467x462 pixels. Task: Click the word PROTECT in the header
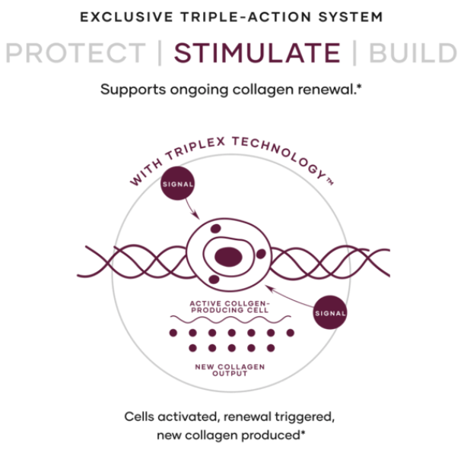(75, 53)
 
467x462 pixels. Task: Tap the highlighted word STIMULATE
(257, 53)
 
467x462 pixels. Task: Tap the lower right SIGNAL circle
(329, 312)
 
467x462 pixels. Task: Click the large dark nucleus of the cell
(227, 257)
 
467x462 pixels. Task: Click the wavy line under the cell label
(228, 322)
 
